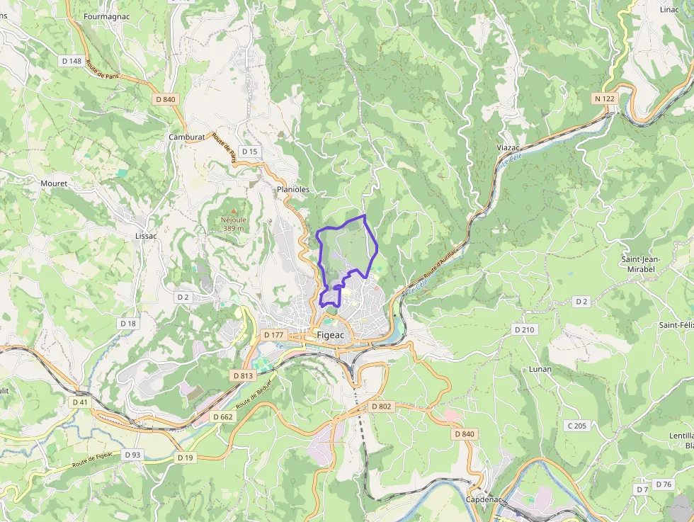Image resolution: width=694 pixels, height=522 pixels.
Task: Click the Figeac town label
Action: coord(331,335)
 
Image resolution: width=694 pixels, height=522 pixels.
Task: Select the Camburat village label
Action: coord(186,137)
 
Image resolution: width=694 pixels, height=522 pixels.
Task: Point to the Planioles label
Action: coord(293,190)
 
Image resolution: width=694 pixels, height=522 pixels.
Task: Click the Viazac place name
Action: coord(508,147)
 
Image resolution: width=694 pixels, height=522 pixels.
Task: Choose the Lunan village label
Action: coord(540,369)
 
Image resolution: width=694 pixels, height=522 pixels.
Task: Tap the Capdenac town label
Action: coord(484,499)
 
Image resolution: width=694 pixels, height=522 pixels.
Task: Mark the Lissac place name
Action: coord(146,236)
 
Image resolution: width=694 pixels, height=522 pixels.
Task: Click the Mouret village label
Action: coord(54,183)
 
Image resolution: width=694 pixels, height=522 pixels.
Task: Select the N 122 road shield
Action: coord(604,98)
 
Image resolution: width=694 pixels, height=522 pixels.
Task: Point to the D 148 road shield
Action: coord(72,61)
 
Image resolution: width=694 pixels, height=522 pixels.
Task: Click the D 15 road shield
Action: coord(249,152)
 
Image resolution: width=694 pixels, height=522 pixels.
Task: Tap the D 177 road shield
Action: coord(273,334)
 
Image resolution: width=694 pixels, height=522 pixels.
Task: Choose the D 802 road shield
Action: coord(381,407)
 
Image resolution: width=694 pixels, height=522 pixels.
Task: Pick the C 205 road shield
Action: coord(576,426)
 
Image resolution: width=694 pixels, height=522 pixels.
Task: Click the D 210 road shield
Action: coord(524,329)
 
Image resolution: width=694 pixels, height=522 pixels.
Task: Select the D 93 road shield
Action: coord(132,454)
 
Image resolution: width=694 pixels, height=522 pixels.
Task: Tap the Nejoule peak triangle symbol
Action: coord(233,210)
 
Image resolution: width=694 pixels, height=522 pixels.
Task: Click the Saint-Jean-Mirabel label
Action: coord(640,263)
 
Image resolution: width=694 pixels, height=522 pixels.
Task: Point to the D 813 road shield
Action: coord(242,375)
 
